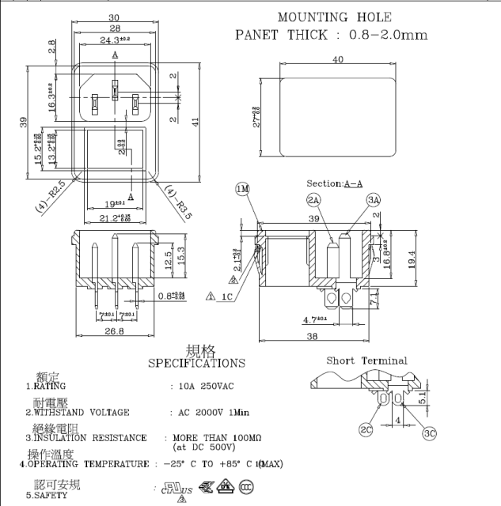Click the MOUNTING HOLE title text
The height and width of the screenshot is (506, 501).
(334, 17)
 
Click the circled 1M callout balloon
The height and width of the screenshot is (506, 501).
(243, 189)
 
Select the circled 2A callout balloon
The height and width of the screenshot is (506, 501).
(313, 200)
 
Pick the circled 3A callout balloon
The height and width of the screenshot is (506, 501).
(374, 200)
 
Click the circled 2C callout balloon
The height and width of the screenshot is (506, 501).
(366, 430)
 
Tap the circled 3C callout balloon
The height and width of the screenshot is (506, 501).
(430, 432)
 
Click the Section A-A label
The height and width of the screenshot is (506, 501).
(334, 183)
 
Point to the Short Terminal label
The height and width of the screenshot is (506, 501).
(367, 361)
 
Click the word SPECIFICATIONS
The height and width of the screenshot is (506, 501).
(196, 364)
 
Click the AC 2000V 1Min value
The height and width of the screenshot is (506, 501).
(211, 412)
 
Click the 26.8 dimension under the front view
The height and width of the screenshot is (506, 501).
(114, 332)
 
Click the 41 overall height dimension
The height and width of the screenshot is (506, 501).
(195, 121)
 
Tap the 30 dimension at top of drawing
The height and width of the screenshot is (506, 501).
(114, 17)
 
